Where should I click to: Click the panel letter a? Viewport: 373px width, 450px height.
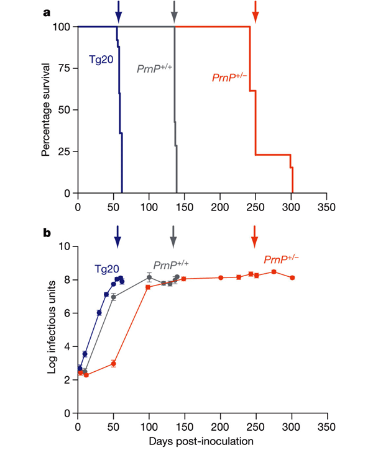pos(47,11)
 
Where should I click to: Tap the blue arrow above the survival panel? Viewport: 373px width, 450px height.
pos(118,12)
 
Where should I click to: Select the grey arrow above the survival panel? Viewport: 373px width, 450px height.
pos(175,12)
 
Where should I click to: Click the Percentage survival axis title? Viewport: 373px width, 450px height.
pos(47,110)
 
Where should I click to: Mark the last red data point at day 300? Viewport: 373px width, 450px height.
pos(292,277)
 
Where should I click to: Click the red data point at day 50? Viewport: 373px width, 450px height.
pos(113,364)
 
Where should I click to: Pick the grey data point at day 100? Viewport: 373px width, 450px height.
pos(149,277)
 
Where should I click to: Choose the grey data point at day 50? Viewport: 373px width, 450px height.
pos(113,297)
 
